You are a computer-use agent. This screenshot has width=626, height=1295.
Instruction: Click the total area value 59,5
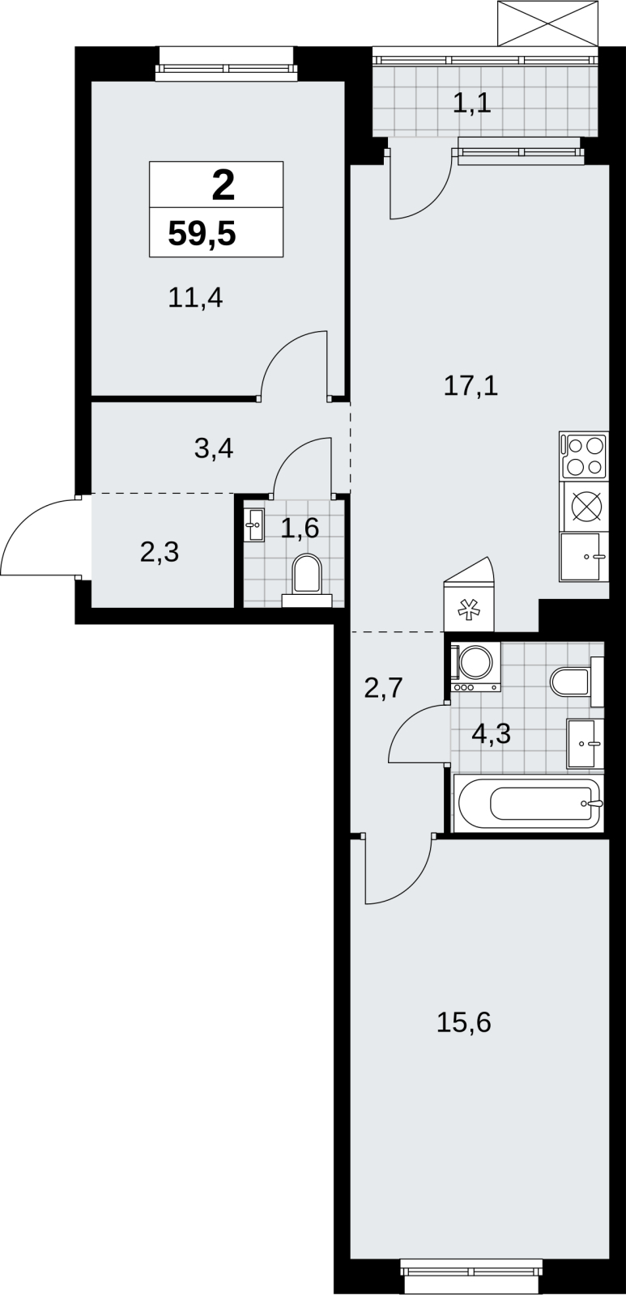(x=202, y=234)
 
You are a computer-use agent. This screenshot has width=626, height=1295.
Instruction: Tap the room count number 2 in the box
(x=224, y=185)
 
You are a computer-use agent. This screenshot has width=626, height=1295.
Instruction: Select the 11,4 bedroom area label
(x=195, y=299)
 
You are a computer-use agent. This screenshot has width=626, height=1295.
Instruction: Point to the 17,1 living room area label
(x=471, y=385)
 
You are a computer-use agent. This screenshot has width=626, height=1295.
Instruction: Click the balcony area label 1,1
(x=472, y=104)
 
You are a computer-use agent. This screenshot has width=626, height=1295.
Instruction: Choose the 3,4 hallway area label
(x=214, y=448)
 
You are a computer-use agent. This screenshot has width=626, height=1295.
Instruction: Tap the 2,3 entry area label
(x=160, y=552)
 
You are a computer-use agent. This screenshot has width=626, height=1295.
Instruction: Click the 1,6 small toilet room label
(x=300, y=529)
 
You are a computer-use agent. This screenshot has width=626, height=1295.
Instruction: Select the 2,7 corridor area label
(x=383, y=688)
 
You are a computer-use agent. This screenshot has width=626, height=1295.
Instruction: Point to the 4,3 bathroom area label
(x=492, y=733)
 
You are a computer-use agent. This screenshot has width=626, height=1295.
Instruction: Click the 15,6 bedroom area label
(x=463, y=1022)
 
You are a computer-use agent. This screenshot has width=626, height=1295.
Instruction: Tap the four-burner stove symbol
(x=584, y=456)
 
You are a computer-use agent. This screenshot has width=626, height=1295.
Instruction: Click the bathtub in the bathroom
(x=529, y=804)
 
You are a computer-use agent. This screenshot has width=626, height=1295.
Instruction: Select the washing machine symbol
(x=476, y=667)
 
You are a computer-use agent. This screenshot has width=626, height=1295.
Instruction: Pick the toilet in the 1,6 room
(x=307, y=580)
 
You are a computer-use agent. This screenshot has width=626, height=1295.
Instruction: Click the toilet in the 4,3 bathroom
(x=577, y=681)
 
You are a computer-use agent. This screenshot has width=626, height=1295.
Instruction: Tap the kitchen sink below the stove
(x=584, y=557)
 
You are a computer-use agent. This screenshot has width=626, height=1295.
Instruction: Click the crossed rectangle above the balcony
(x=547, y=23)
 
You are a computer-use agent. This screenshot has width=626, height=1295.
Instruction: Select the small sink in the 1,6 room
(x=253, y=525)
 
